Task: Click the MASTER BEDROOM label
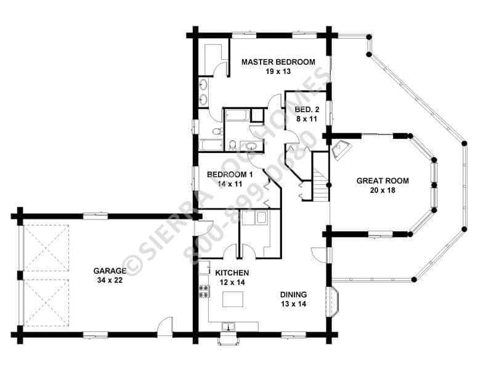278,62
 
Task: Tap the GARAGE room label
110,271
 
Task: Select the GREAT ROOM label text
383,181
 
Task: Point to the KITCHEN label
232,273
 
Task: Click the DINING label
294,295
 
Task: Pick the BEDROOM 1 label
230,175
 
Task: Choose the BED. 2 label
307,109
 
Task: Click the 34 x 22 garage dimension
110,280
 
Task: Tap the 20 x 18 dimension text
383,190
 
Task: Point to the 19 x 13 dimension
278,72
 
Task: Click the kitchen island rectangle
233,299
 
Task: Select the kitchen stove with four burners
204,291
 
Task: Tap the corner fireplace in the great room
341,150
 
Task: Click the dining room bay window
332,302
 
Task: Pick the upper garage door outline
46,248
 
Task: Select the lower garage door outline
46,302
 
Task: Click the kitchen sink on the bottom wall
228,327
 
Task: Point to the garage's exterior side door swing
165,326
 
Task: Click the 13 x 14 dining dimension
294,304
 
